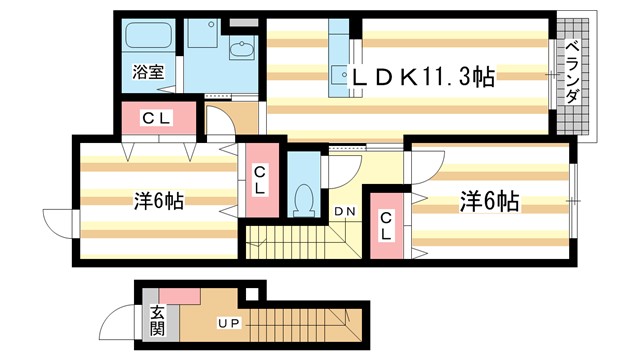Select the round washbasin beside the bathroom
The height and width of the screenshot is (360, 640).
[x=240, y=52]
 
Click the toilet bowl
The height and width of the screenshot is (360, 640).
[x=304, y=199]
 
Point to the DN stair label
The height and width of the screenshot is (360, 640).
[x=345, y=211]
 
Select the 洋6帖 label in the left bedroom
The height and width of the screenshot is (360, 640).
[x=157, y=201]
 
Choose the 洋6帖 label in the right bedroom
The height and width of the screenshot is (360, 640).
[x=490, y=202]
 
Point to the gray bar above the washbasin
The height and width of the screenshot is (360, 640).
[x=242, y=21]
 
